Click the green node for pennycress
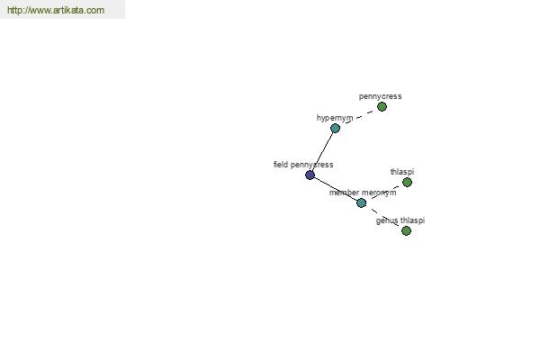pos(382,107)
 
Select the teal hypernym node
pos(335,128)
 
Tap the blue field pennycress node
pos(310,175)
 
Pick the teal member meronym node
pos(361,202)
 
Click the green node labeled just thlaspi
pos(407,182)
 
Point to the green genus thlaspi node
pos(407,230)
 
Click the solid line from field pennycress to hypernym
pos(323,151)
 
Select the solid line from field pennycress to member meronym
pos(336,189)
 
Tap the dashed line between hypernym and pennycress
pos(358,118)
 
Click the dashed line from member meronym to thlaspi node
pos(384,193)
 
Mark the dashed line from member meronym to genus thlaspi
pos(384,217)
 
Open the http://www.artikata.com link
pos(56,10)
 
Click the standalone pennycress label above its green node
pos(380,96)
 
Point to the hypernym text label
pos(335,118)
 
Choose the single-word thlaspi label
pos(402,172)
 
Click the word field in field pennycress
pos(281,165)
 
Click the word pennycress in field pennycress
pos(312,165)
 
